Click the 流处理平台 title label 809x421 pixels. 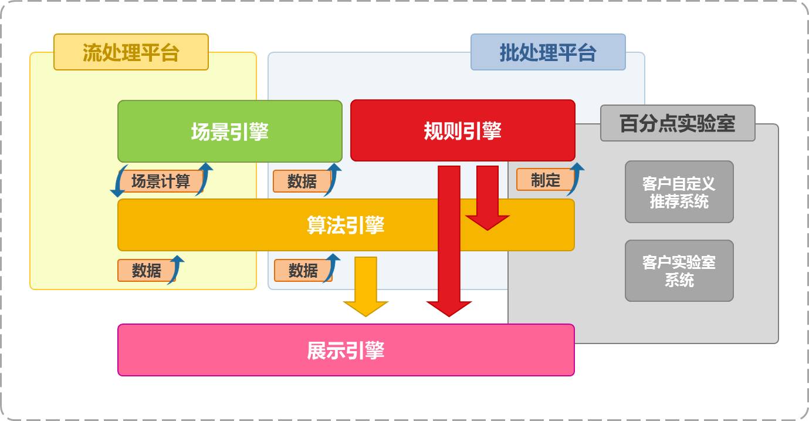tap(131, 52)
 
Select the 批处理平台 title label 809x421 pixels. tap(548, 52)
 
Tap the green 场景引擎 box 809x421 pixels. tap(229, 131)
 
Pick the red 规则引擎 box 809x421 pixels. tap(462, 130)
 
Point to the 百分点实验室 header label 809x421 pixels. tap(678, 123)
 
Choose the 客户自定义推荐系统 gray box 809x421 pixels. tap(679, 192)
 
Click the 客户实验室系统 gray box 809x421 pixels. tap(679, 271)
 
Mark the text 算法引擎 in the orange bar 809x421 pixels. tap(346, 225)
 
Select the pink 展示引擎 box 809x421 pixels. tap(346, 350)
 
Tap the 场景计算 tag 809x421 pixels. tap(161, 181)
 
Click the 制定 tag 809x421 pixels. tap(545, 180)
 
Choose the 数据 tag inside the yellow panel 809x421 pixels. tap(147, 270)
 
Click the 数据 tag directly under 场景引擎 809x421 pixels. tap(302, 181)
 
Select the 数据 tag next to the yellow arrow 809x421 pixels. tap(303, 270)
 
